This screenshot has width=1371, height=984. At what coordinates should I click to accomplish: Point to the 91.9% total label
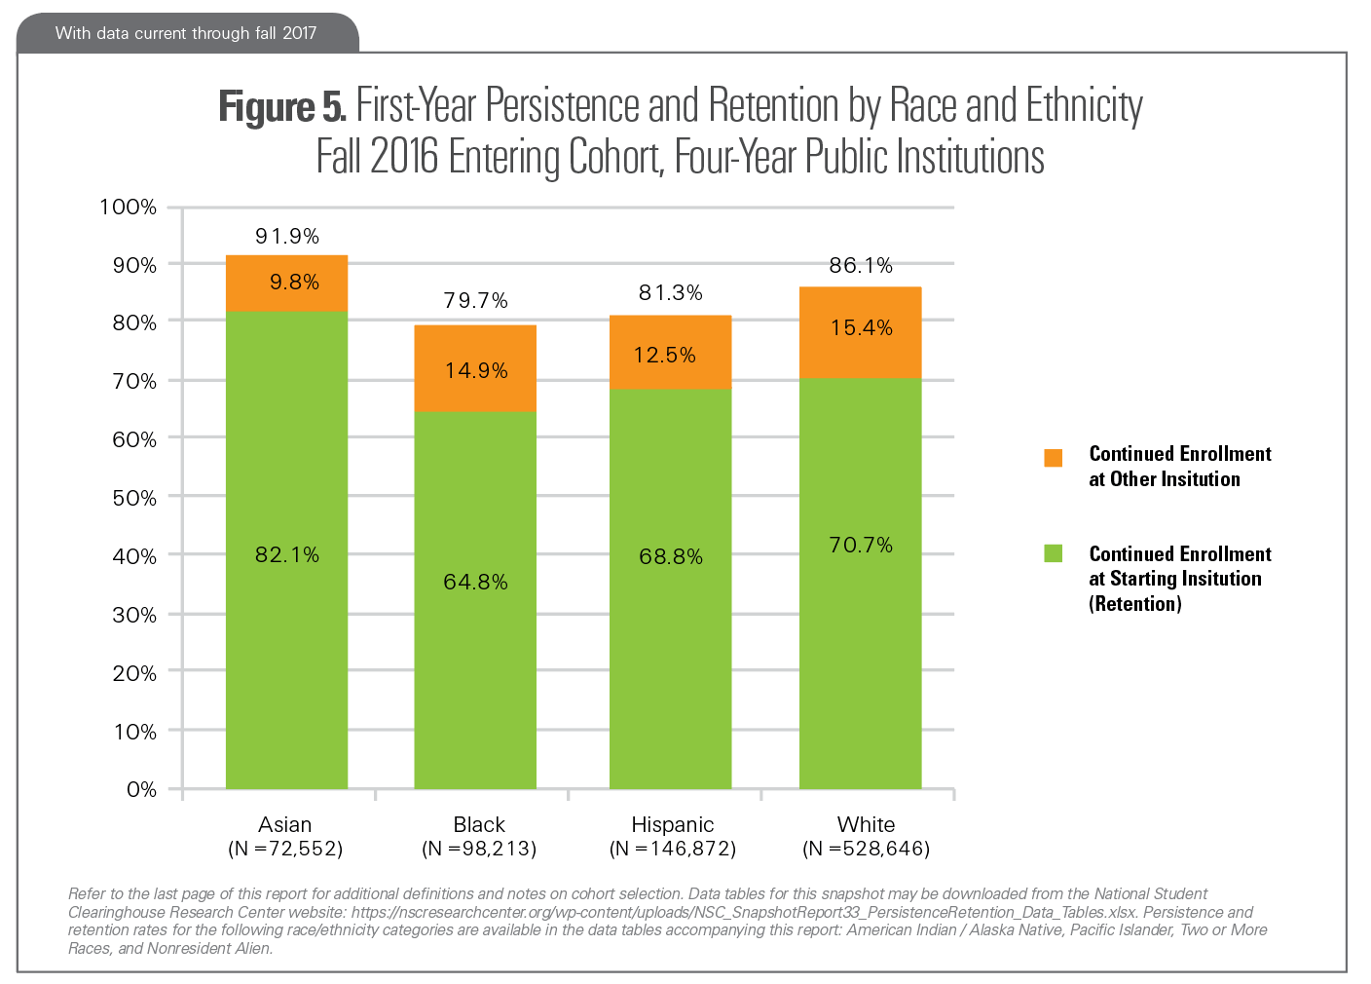[x=287, y=236]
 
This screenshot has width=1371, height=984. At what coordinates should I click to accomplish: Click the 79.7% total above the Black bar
[x=476, y=300]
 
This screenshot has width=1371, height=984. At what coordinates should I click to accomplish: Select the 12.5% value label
[x=665, y=355]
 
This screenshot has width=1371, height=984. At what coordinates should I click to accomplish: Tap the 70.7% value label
[x=861, y=545]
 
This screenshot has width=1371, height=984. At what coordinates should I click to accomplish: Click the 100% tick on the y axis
[x=128, y=207]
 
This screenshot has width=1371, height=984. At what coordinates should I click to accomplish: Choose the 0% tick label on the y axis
[x=141, y=789]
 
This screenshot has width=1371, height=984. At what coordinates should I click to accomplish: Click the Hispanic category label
[x=673, y=824]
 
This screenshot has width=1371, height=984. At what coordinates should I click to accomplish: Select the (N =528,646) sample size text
[x=866, y=849]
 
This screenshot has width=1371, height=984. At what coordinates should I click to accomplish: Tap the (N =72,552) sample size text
[x=285, y=849]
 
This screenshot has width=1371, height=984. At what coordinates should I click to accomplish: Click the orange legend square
[x=1054, y=458]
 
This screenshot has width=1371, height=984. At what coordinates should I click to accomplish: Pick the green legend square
[x=1054, y=553]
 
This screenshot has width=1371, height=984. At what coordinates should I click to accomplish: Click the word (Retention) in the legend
[x=1135, y=604]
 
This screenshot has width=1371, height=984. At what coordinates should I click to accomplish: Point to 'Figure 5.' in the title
[x=281, y=105]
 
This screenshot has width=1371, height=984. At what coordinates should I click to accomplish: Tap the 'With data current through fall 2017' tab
[x=186, y=33]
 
